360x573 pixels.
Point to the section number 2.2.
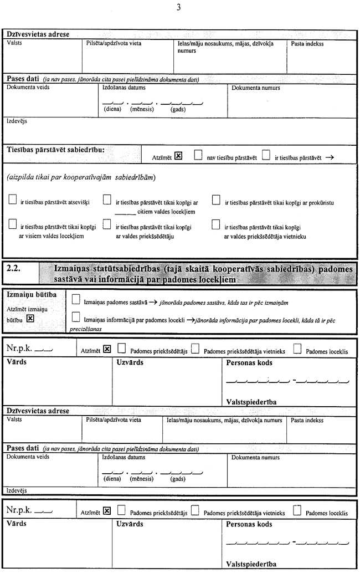click(13, 268)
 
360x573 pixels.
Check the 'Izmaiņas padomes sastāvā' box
click(76, 301)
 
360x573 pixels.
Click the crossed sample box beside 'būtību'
click(30, 319)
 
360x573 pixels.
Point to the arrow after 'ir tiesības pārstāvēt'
click(330, 157)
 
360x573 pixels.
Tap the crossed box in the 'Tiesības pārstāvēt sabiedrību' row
click(178, 156)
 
